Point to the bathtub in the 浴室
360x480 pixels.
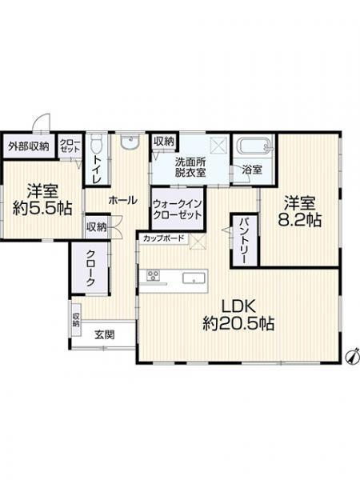[255, 148]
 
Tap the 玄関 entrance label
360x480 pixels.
[102, 334]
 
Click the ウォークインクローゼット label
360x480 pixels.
[178, 209]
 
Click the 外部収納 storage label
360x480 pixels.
[29, 146]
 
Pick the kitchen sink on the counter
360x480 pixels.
[194, 278]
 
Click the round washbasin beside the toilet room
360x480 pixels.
[130, 144]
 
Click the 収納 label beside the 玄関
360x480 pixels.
[77, 320]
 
